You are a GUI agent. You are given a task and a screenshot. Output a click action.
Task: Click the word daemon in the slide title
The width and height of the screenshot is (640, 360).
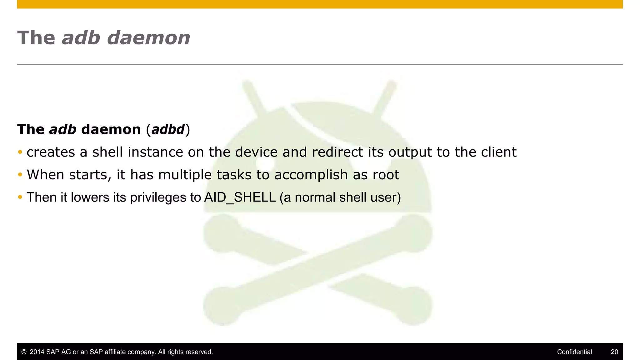(x=148, y=38)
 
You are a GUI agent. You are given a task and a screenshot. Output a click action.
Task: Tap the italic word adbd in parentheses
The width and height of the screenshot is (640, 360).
(x=168, y=129)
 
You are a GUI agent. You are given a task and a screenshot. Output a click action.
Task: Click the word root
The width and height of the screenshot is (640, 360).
(x=386, y=175)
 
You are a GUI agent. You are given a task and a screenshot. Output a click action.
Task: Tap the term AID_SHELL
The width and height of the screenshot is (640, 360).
(x=240, y=197)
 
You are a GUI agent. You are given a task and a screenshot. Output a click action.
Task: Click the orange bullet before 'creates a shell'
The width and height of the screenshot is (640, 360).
(x=20, y=152)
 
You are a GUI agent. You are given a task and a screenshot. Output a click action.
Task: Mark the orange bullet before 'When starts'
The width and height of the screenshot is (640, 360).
(x=20, y=175)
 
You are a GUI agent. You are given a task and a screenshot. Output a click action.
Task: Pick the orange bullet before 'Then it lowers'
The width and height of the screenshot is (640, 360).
(x=20, y=197)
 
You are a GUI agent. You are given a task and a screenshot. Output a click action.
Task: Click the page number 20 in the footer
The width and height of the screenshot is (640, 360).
(x=614, y=352)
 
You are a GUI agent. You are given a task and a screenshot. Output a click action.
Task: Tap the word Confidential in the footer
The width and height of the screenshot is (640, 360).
(x=574, y=352)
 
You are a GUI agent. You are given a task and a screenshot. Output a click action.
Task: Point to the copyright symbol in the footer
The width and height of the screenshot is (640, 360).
(x=24, y=352)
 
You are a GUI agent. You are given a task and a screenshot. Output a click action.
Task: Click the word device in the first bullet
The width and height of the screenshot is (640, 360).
(x=256, y=152)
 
